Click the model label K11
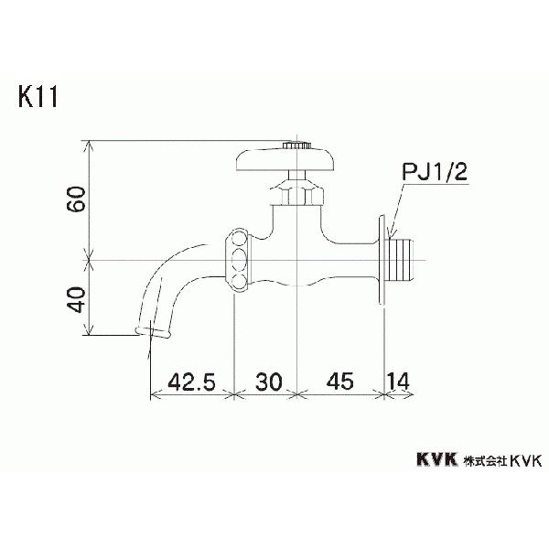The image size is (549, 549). point(37,96)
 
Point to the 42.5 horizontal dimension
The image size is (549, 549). point(190,382)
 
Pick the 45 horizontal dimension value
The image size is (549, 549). point(339,382)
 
